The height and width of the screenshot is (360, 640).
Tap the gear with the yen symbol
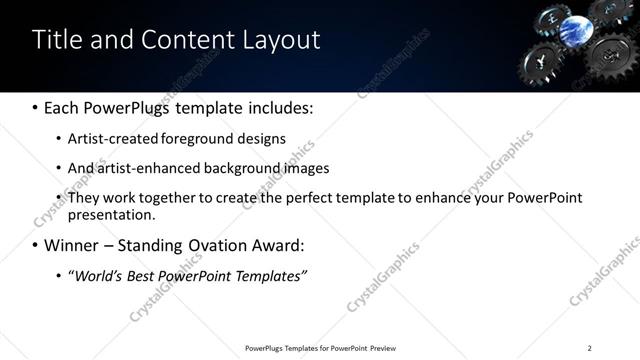tap(541, 61)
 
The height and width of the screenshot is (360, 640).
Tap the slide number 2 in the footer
tap(589, 348)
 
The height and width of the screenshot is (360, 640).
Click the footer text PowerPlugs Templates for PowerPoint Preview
tap(320, 348)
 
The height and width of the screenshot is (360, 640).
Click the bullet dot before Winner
tap(36, 245)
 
